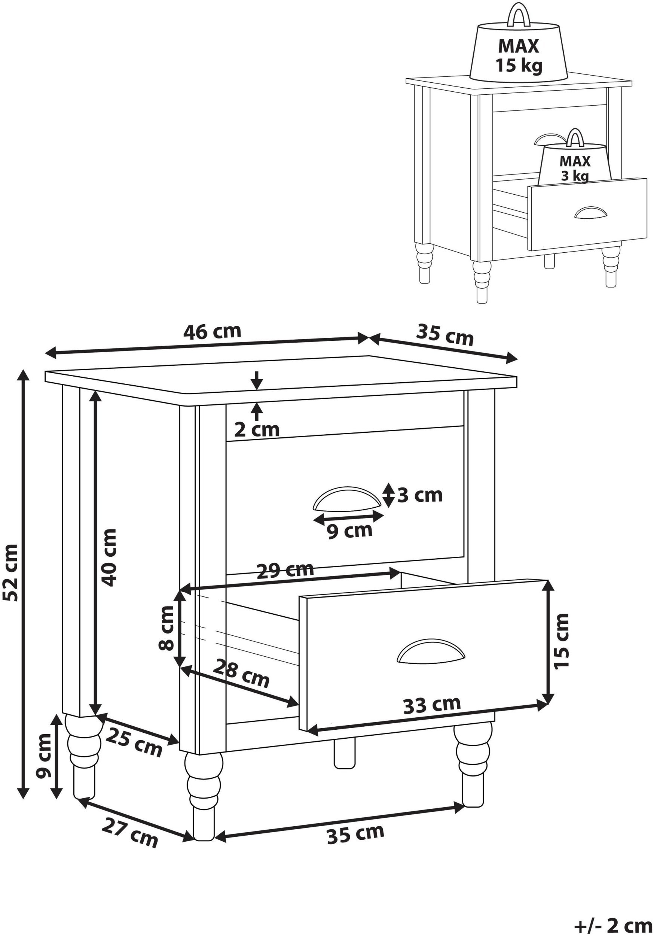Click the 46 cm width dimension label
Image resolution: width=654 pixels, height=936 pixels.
tap(212, 331)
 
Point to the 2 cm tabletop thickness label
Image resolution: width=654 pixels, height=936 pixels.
tap(257, 430)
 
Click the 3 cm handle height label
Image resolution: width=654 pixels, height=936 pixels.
tap(420, 495)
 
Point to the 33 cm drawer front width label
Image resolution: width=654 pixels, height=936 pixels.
tap(432, 705)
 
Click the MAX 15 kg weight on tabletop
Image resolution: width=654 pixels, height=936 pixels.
tap(519, 47)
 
